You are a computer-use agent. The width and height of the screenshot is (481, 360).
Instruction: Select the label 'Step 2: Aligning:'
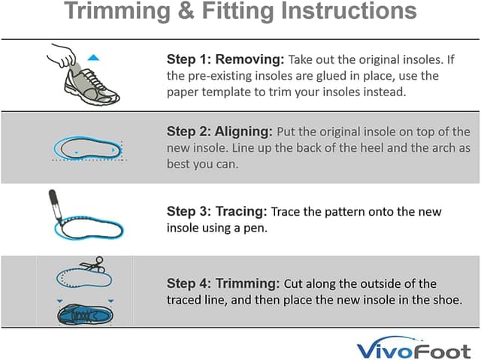[x=220, y=130]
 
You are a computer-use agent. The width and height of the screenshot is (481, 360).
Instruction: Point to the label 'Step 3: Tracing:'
[x=216, y=212]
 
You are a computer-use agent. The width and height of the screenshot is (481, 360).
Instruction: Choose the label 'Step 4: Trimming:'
[x=223, y=283]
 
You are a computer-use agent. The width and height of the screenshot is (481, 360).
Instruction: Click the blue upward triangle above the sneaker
[x=93, y=57]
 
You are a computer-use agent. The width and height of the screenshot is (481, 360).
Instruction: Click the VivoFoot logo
[x=415, y=349]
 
